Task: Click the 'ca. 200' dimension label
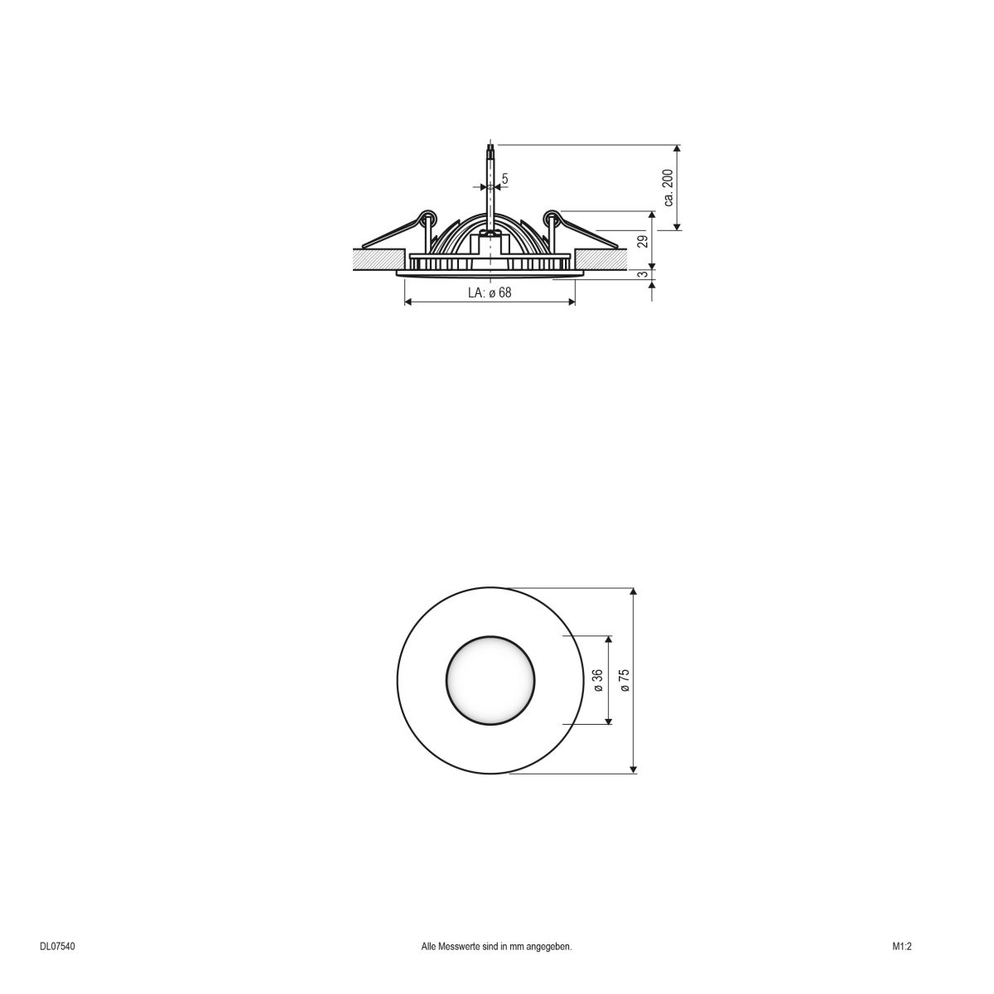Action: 668,188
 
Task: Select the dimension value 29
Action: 642,241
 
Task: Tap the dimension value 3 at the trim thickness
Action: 642,274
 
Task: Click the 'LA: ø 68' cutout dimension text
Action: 490,292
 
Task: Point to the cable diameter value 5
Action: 504,178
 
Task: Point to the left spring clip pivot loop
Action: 429,218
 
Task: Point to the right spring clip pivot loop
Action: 551,218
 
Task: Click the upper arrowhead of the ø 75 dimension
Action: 634,593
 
